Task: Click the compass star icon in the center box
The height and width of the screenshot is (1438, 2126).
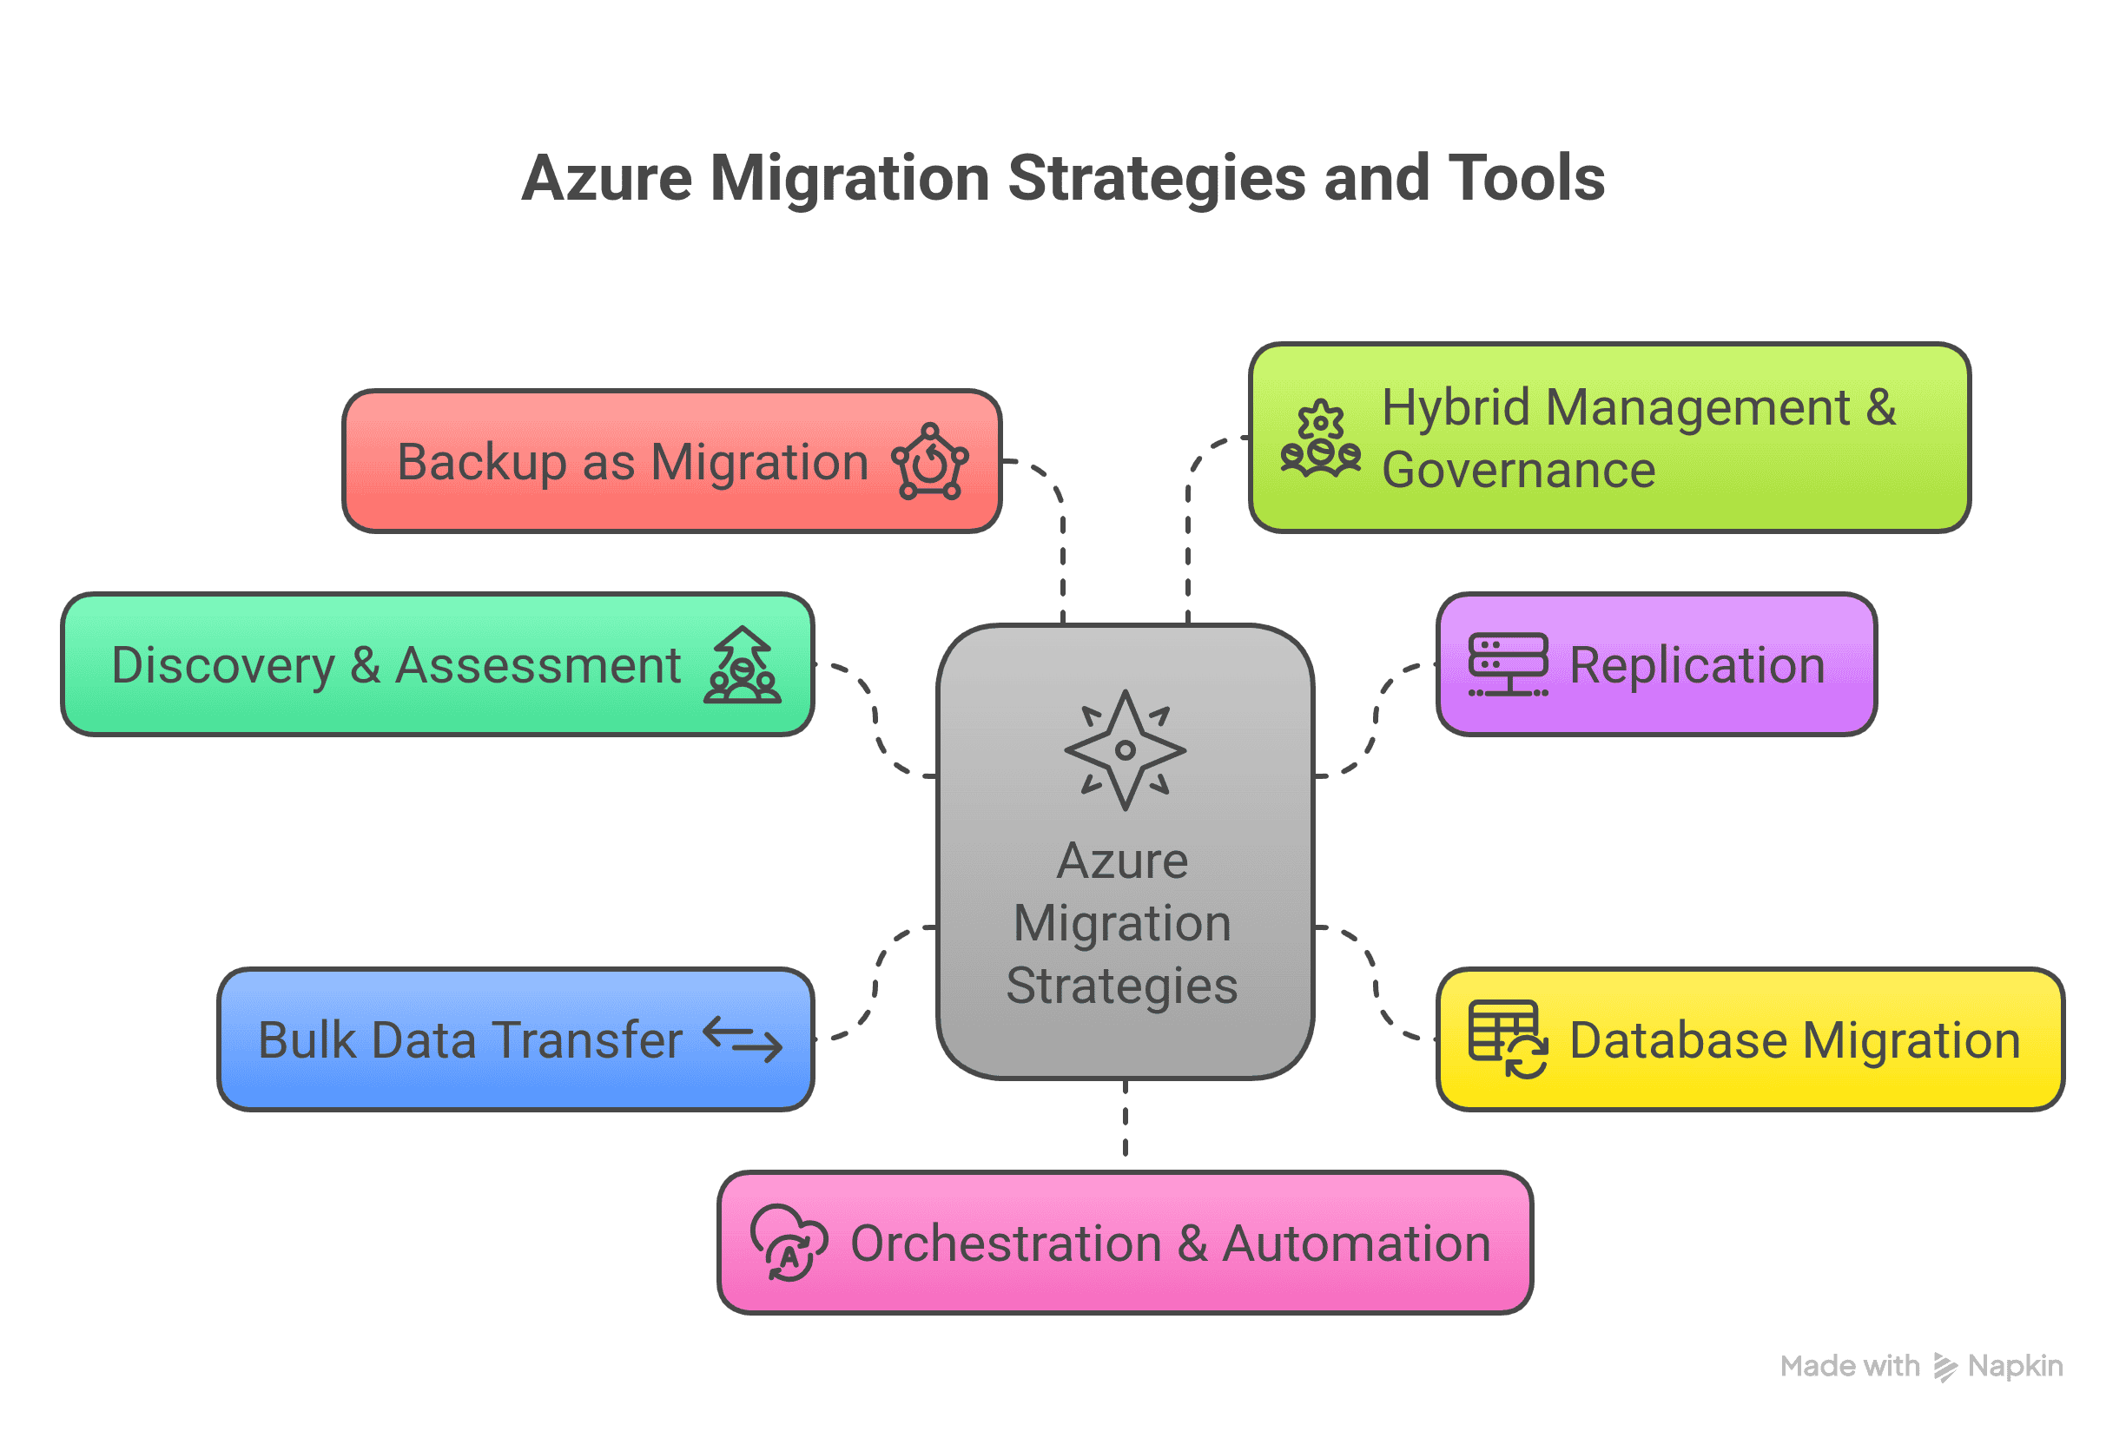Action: (1126, 750)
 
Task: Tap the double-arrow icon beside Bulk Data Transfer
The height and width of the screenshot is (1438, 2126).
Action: (743, 1040)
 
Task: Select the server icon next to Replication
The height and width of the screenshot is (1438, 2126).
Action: (1508, 665)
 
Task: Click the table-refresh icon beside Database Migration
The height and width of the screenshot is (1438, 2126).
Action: (1508, 1040)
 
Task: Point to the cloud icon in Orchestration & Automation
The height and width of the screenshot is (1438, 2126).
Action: (789, 1243)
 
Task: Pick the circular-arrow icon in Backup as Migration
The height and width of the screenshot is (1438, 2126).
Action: (930, 461)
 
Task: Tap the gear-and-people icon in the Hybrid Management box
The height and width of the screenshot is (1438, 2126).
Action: (1320, 439)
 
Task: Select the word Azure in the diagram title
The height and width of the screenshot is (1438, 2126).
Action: (606, 177)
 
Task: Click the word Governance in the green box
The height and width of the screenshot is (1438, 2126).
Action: (1519, 470)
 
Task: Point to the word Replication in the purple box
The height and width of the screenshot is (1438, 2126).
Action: (1697, 665)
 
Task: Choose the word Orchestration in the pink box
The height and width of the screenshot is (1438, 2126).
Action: (1006, 1243)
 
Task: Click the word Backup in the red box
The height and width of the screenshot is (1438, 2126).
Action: (481, 462)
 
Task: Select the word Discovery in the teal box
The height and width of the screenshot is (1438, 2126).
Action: (223, 665)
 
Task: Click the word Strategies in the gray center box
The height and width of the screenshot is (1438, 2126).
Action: (1122, 986)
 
